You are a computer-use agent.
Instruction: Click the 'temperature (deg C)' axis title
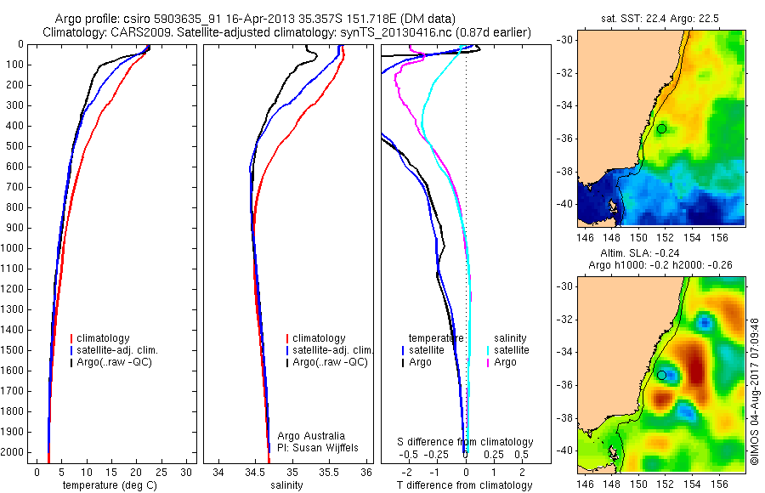click(x=111, y=485)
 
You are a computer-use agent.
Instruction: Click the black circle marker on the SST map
click(x=661, y=128)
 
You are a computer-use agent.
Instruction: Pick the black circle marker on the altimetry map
click(x=661, y=375)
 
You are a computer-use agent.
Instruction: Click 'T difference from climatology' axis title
click(x=466, y=485)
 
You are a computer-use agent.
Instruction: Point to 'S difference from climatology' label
click(x=466, y=442)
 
